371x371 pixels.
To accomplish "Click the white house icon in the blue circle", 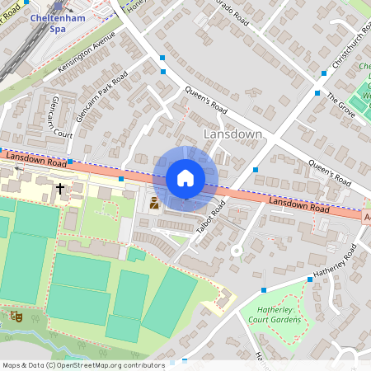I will (x=185, y=178).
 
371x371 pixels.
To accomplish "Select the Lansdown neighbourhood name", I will (x=232, y=134).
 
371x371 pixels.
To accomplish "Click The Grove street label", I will (x=340, y=102).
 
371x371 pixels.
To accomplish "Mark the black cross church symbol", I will (x=59, y=188).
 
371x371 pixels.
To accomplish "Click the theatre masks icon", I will (x=14, y=315).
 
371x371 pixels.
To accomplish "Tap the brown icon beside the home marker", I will (x=153, y=203).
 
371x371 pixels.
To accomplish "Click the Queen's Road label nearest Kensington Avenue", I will (x=205, y=99).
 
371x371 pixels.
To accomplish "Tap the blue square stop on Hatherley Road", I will (x=264, y=290).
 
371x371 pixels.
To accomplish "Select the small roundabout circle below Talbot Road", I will (x=236, y=250).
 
